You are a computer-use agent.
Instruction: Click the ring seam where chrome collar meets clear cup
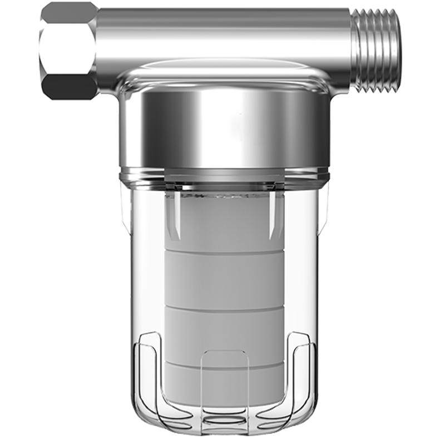point(225,177)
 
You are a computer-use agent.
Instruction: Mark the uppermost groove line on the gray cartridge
point(225,251)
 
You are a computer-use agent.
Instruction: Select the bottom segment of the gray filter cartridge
point(225,389)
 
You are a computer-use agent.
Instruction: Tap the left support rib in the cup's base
point(147,378)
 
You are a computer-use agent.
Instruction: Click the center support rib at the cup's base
point(225,384)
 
